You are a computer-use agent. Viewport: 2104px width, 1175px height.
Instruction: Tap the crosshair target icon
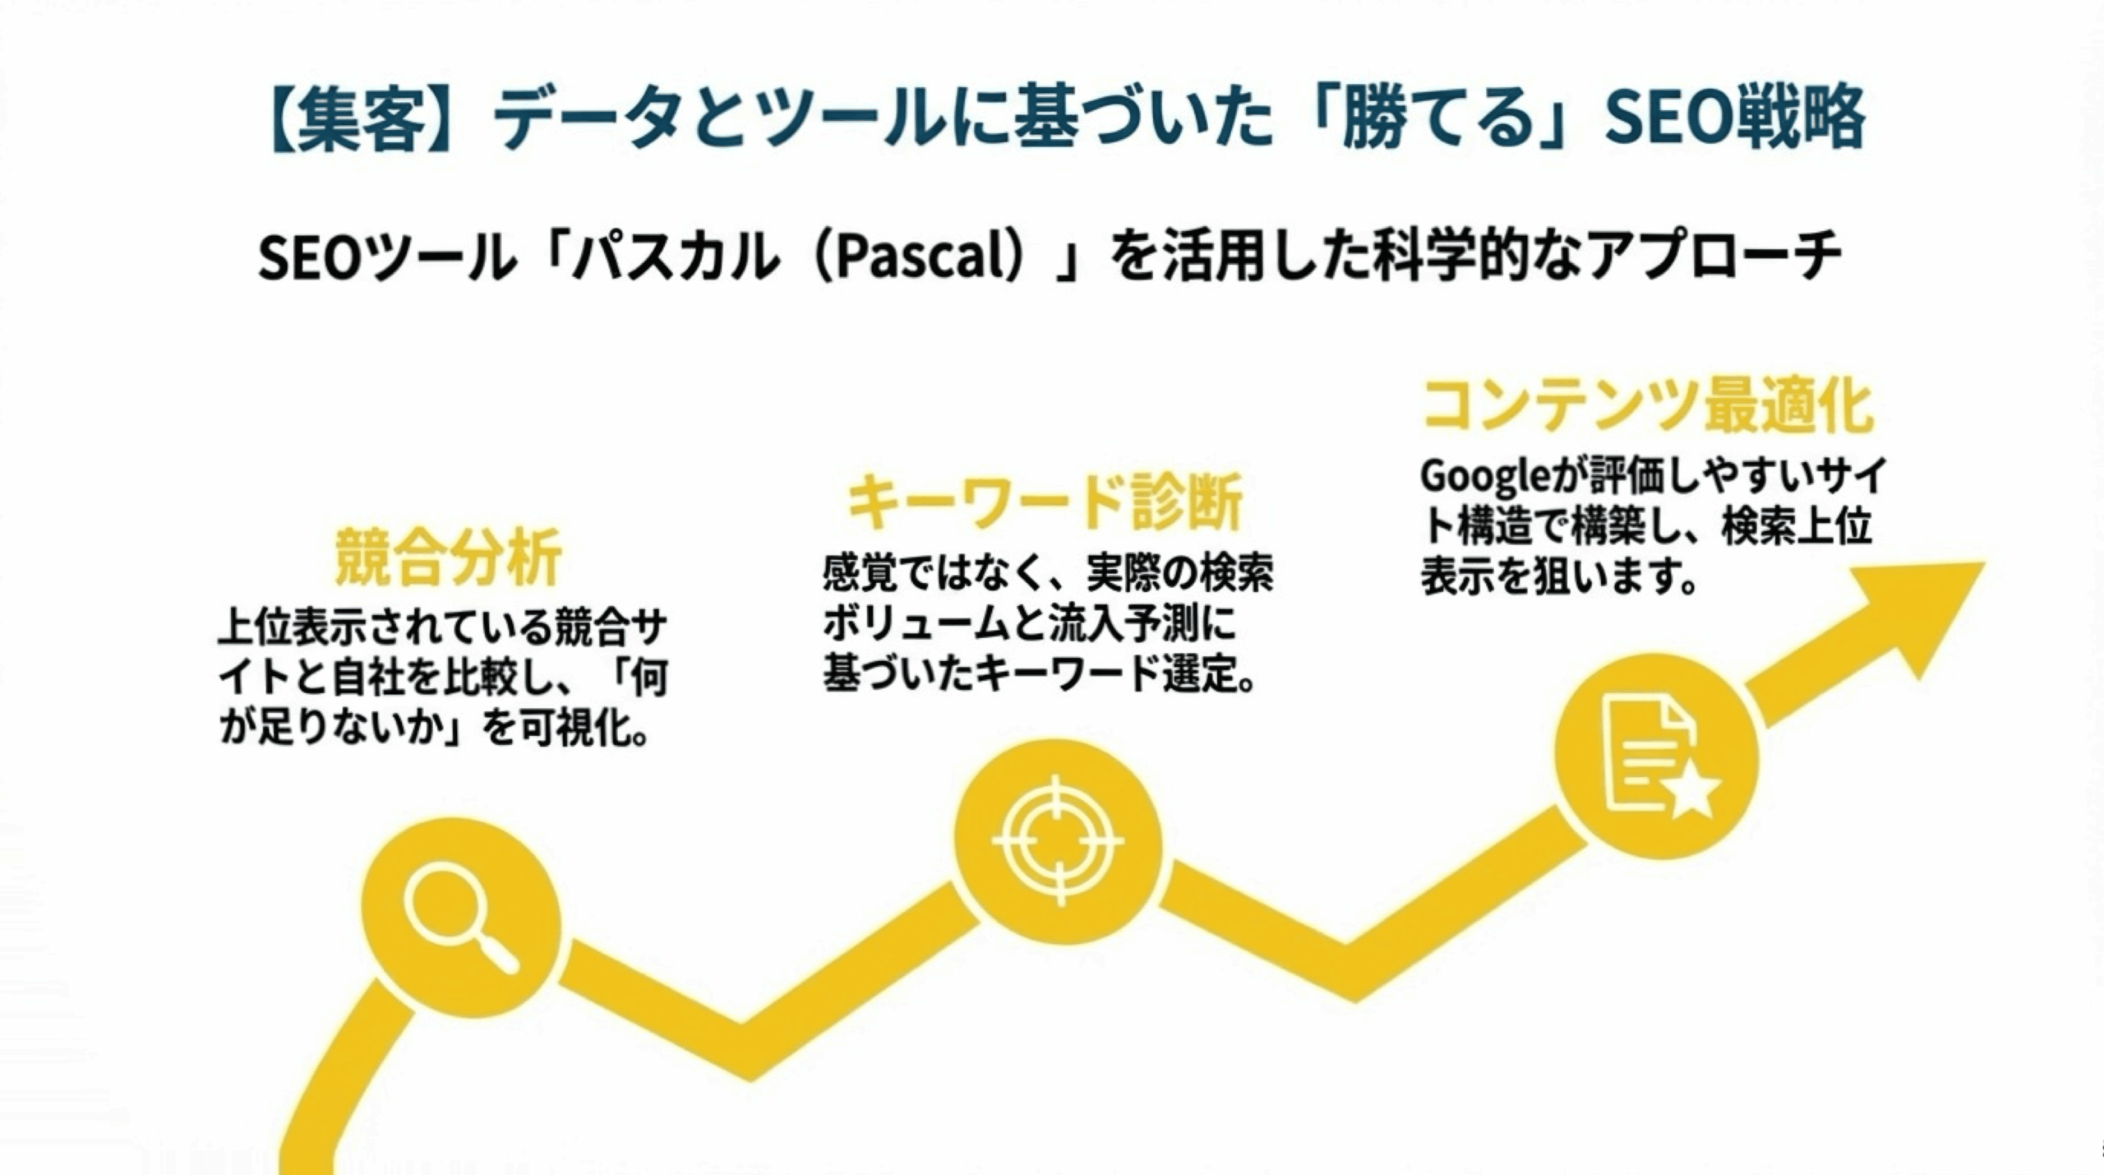click(1059, 840)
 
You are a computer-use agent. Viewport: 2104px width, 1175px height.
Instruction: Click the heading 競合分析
click(448, 557)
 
